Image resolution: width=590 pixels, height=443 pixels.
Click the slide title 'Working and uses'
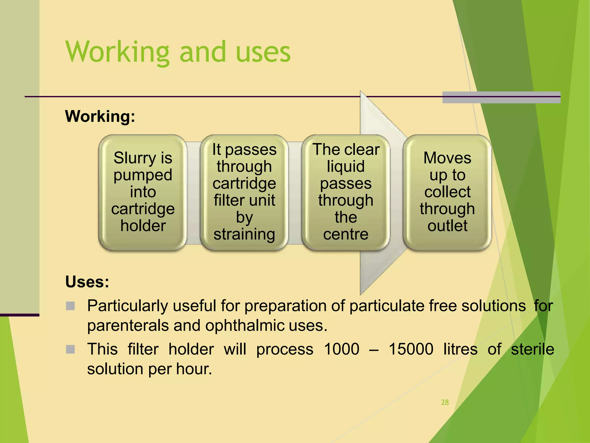[x=178, y=52]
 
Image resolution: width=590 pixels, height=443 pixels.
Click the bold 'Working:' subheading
[x=100, y=116]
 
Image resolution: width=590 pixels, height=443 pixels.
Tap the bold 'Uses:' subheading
[x=87, y=281]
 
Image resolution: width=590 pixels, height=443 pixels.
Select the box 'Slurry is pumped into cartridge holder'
[x=143, y=192]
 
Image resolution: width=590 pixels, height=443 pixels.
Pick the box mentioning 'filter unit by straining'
[x=244, y=192]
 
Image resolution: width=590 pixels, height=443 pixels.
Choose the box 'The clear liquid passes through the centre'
[x=346, y=192]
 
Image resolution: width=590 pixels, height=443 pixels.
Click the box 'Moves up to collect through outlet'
[x=447, y=192]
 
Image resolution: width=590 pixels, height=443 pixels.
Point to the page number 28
[x=445, y=402]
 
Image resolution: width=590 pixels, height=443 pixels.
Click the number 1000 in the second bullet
[x=342, y=349]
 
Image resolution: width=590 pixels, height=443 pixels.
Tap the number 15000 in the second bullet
[x=411, y=349]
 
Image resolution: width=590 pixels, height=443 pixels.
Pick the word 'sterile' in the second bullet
[x=532, y=349]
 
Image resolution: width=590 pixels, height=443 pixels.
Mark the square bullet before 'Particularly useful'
[x=70, y=306]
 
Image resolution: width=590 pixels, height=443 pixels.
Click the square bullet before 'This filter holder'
[x=70, y=349]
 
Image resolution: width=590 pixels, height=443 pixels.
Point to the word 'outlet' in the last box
[x=447, y=226]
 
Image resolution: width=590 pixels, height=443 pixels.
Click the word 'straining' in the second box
[x=244, y=234]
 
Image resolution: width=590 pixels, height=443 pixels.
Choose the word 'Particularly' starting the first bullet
[x=127, y=306]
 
